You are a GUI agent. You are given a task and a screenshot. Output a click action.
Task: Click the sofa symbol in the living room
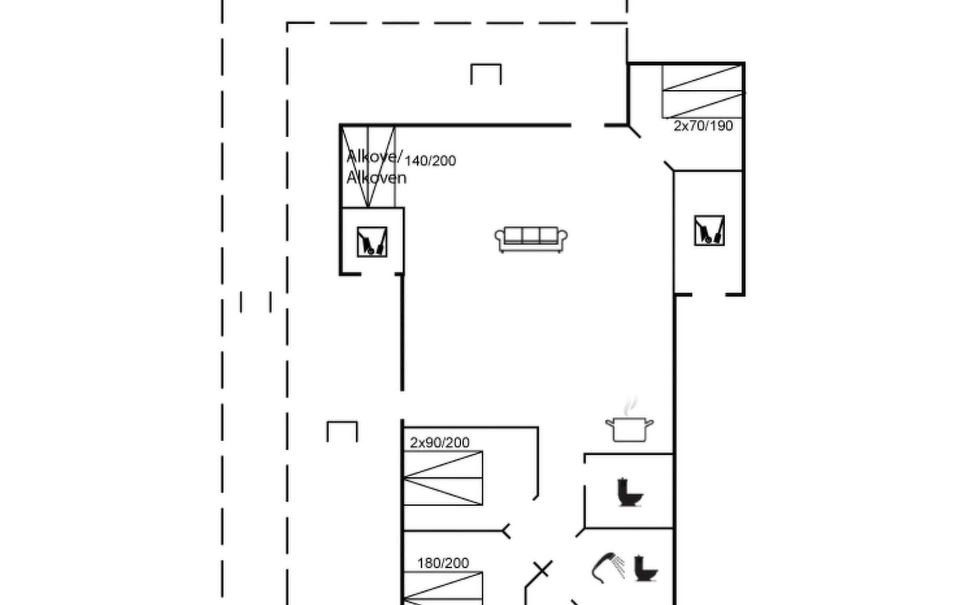(531, 239)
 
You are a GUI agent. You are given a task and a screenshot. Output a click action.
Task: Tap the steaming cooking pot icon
(629, 421)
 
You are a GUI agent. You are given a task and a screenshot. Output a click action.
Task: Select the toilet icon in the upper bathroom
(630, 492)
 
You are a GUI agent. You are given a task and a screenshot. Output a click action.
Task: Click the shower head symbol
(608, 568)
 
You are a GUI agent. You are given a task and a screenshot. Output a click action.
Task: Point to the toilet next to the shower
(645, 568)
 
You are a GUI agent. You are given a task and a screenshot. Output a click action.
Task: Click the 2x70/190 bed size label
(703, 126)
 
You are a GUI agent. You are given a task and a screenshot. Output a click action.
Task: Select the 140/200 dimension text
(430, 161)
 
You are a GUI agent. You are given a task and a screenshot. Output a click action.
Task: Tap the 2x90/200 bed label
(440, 443)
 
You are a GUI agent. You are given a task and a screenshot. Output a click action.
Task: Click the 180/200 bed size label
(443, 563)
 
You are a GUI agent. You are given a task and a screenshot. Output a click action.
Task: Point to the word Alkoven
(376, 178)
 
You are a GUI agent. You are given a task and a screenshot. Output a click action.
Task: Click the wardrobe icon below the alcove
(372, 242)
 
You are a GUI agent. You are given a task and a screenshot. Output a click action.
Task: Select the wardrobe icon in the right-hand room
(709, 230)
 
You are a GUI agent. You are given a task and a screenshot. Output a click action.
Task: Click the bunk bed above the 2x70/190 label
(703, 91)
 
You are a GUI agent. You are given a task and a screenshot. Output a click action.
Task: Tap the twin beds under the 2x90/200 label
(443, 478)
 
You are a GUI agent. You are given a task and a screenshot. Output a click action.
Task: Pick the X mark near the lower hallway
(542, 570)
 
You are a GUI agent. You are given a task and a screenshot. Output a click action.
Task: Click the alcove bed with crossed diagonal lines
(368, 166)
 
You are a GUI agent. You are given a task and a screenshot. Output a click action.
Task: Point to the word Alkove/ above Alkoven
(374, 157)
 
